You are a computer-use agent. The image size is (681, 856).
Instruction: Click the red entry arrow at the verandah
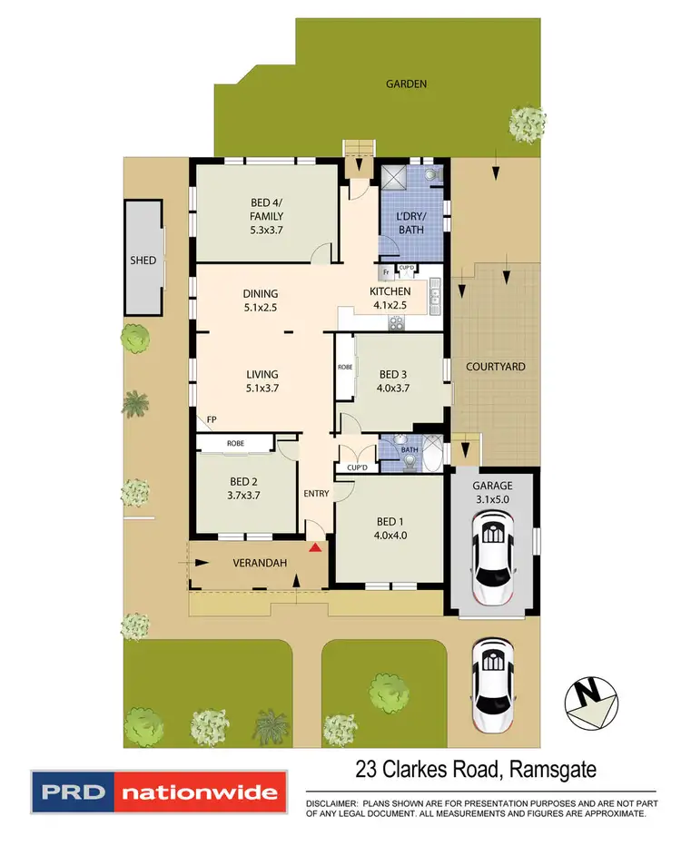coord(315,547)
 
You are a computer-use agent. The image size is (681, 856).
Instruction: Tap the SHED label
coord(143,261)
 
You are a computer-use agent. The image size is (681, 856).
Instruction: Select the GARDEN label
coord(406,84)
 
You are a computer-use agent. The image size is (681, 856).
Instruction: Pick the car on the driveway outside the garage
coord(492,676)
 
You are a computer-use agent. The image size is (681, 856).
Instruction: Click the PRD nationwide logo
coord(160,792)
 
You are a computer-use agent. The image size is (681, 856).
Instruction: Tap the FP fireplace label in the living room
coord(211,419)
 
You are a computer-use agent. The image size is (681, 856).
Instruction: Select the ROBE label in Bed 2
coord(234,444)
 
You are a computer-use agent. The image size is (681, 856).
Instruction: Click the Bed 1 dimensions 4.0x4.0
coord(390,535)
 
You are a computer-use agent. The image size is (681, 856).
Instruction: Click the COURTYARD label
coord(496,367)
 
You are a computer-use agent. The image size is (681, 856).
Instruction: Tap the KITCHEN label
coord(390,291)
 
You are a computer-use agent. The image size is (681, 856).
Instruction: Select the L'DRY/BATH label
coord(410,223)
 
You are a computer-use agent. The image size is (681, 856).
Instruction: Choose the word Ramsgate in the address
coord(555,771)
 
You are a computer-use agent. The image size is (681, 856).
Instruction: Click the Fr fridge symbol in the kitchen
coord(386,271)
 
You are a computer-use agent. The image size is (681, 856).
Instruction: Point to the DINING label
coord(260,294)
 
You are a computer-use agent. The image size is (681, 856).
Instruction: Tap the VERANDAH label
coord(260,564)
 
